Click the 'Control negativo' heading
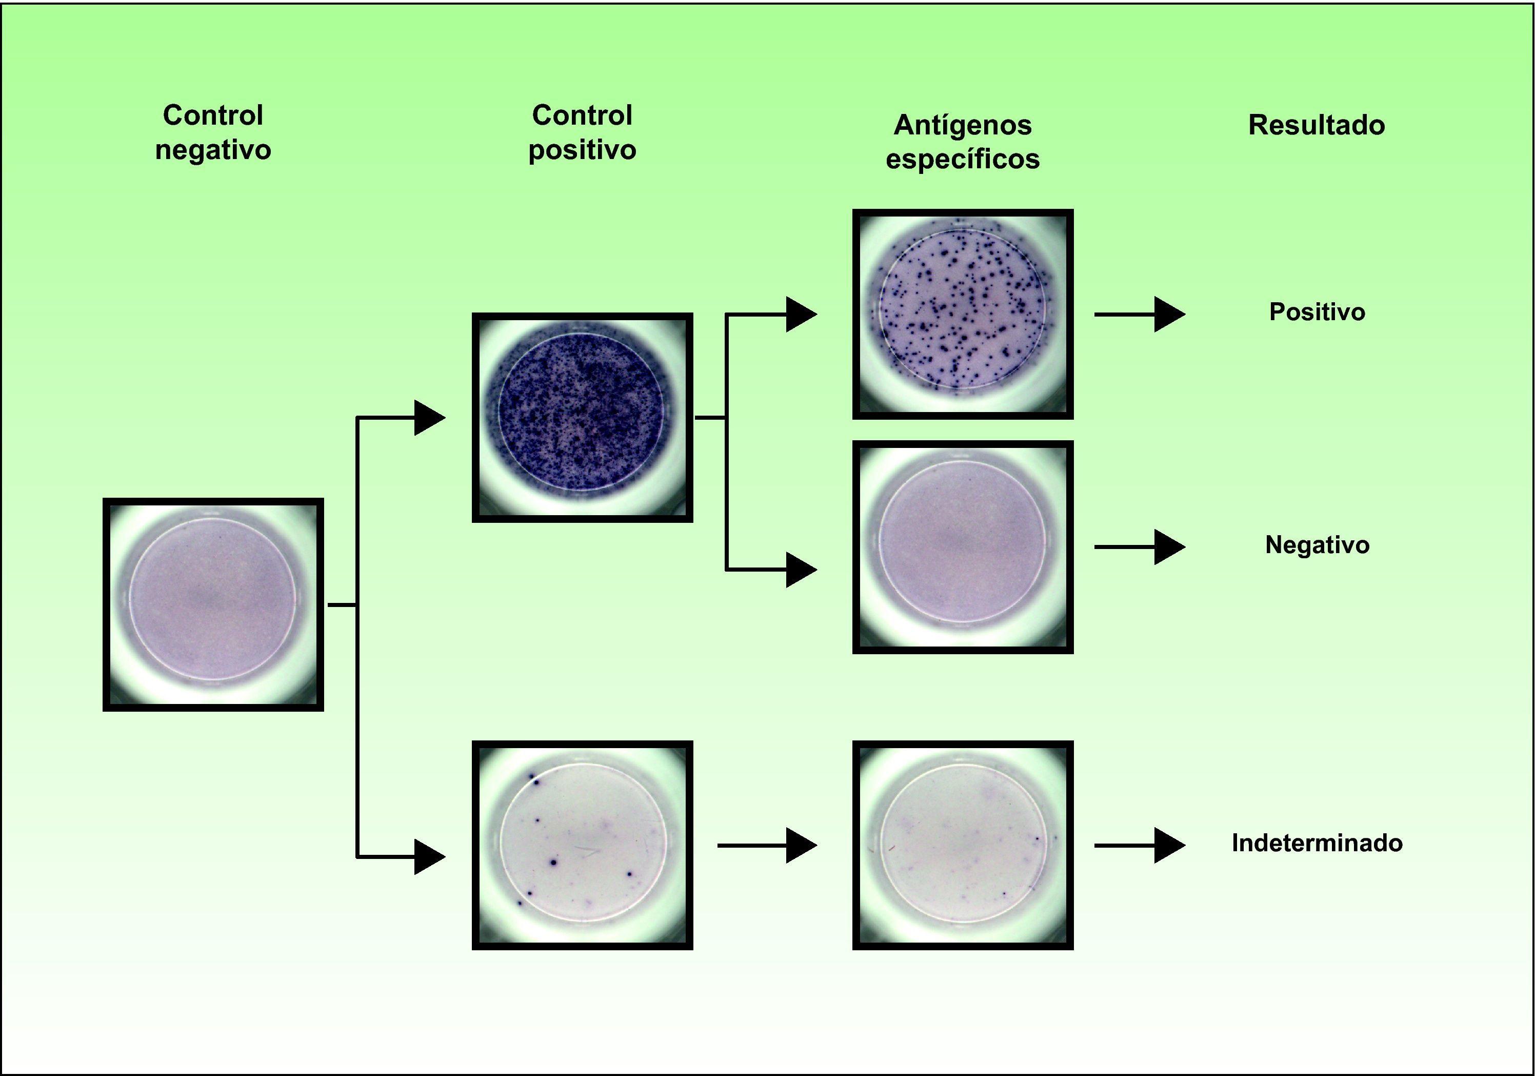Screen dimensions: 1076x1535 point(213,132)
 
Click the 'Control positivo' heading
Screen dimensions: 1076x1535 point(582,132)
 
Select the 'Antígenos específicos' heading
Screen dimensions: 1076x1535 point(962,142)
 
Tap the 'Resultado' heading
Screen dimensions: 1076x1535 point(1317,125)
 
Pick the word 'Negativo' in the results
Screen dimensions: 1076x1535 point(1317,545)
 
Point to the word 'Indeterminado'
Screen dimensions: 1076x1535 point(1317,843)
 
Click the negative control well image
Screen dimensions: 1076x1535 point(213,604)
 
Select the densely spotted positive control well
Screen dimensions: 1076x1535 point(582,417)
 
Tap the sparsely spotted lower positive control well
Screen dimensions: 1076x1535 point(582,845)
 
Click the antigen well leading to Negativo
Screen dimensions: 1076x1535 point(962,546)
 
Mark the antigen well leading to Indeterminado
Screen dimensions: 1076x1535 point(962,845)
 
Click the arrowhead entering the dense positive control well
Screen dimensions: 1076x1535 point(429,418)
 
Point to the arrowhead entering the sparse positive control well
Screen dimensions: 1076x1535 point(429,857)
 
